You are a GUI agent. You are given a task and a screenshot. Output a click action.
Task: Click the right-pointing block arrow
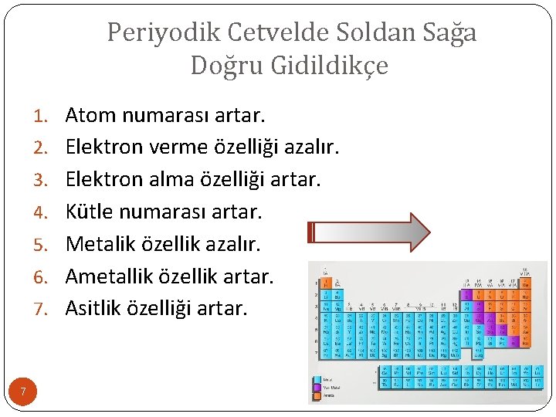point(369,232)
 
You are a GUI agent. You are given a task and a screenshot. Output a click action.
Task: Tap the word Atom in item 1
point(90,116)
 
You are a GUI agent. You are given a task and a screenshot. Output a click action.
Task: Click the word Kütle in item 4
point(90,212)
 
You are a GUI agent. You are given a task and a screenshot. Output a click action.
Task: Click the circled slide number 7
point(23,392)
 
